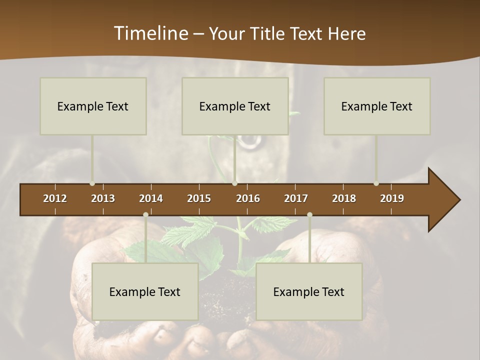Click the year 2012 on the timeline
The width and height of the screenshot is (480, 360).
(x=55, y=198)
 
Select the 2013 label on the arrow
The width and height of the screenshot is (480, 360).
(x=103, y=198)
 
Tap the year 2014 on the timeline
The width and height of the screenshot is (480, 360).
(x=151, y=198)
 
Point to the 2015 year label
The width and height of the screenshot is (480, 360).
(x=199, y=198)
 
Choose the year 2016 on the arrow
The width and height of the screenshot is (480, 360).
(x=248, y=198)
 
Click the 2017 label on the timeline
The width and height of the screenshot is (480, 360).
(x=296, y=198)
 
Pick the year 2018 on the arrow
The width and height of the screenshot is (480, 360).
(x=344, y=198)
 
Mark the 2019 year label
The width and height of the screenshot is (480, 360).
(x=392, y=198)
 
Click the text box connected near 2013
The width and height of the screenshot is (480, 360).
(x=93, y=106)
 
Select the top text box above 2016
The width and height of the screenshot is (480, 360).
(x=235, y=106)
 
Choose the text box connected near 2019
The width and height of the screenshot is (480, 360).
(x=377, y=106)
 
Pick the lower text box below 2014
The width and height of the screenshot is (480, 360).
(x=145, y=292)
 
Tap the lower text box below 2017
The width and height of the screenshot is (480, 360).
(x=309, y=292)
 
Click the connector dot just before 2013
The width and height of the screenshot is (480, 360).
(x=92, y=183)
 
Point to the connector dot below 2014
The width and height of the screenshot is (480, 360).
(x=145, y=214)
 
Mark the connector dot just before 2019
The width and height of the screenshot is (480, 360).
(x=376, y=183)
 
